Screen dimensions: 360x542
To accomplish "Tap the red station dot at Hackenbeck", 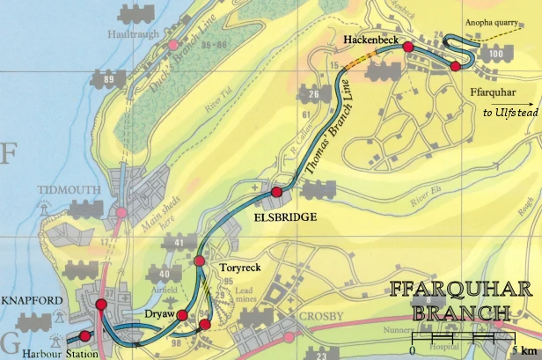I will click(x=407, y=48).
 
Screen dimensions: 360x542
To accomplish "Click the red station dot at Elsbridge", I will click(x=276, y=192).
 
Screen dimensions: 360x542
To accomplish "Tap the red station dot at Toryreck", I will click(x=199, y=261).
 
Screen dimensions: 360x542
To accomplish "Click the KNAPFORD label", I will click(x=33, y=301).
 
